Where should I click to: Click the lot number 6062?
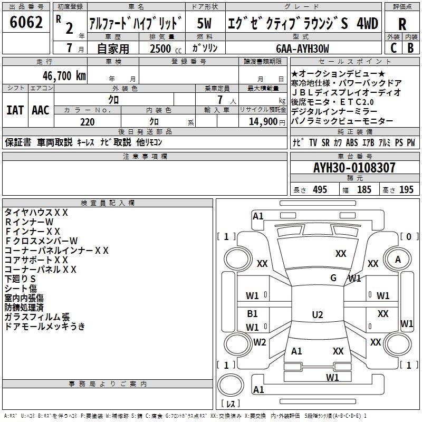[x=26, y=23]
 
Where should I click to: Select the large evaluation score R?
[x=402, y=24]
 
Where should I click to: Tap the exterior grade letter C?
[x=393, y=47]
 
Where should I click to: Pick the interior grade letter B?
[x=411, y=47]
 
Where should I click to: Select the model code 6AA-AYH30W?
[x=302, y=49]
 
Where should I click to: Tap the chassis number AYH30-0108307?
[x=354, y=168]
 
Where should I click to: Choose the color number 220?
[x=87, y=122]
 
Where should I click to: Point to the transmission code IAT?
[x=15, y=110]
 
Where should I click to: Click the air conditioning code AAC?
[x=41, y=110]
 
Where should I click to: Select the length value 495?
[x=320, y=190]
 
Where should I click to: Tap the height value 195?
[x=406, y=190]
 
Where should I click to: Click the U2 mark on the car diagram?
[x=317, y=315]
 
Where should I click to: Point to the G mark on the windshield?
[x=333, y=277]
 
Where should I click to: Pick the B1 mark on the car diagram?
[x=253, y=313]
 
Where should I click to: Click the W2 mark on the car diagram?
[x=260, y=342]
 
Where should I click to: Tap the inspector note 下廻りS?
[x=20, y=279]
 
